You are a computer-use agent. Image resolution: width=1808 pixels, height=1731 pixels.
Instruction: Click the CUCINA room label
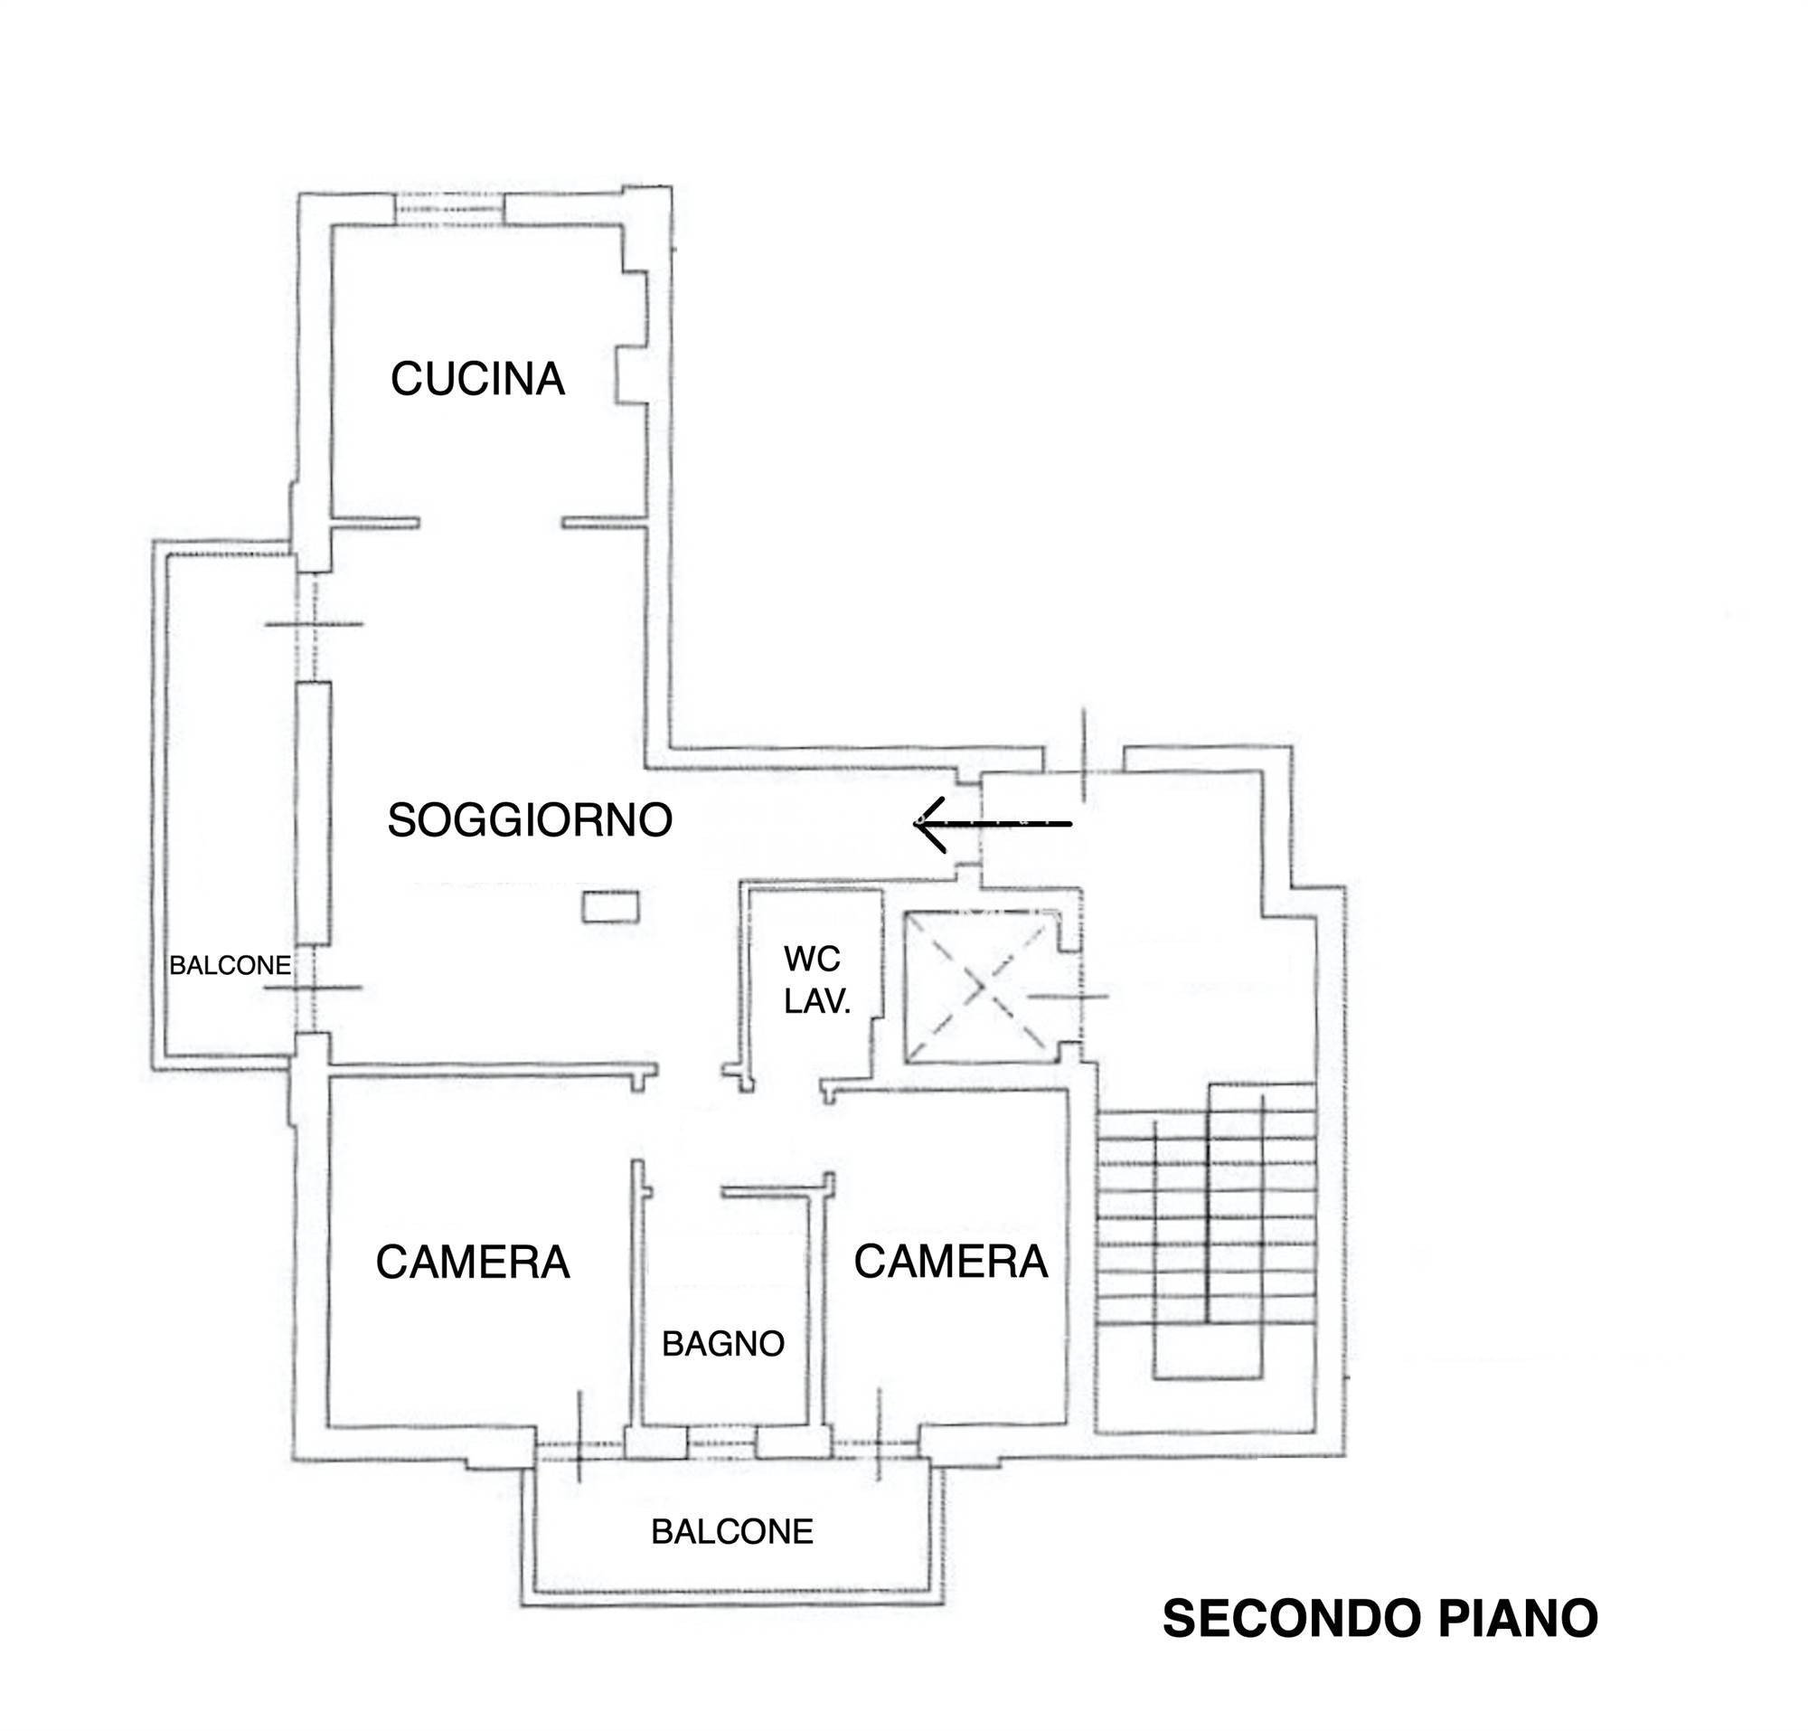click(x=477, y=378)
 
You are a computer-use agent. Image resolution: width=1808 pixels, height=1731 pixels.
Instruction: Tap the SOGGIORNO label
click(x=530, y=819)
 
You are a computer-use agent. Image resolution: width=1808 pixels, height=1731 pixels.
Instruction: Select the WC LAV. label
click(x=816, y=980)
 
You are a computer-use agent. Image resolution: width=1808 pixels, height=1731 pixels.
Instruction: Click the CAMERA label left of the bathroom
click(x=472, y=1263)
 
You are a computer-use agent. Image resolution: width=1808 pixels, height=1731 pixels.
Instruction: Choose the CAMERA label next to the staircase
click(x=950, y=1262)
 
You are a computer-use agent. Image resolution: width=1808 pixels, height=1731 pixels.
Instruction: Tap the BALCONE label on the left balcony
click(x=230, y=965)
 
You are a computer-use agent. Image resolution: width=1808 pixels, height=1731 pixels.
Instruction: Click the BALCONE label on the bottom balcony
click(x=731, y=1533)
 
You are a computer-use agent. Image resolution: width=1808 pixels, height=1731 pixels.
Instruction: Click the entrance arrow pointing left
click(x=993, y=823)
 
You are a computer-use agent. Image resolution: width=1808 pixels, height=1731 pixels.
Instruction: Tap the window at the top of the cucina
click(x=450, y=210)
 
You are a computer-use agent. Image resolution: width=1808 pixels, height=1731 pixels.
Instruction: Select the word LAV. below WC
click(x=816, y=1001)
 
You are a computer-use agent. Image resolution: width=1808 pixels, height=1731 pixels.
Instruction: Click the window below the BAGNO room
click(x=721, y=1442)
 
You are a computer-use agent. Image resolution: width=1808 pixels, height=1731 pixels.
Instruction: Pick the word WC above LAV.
click(x=812, y=960)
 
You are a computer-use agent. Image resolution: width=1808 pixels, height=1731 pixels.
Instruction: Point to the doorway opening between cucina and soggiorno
click(x=491, y=522)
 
